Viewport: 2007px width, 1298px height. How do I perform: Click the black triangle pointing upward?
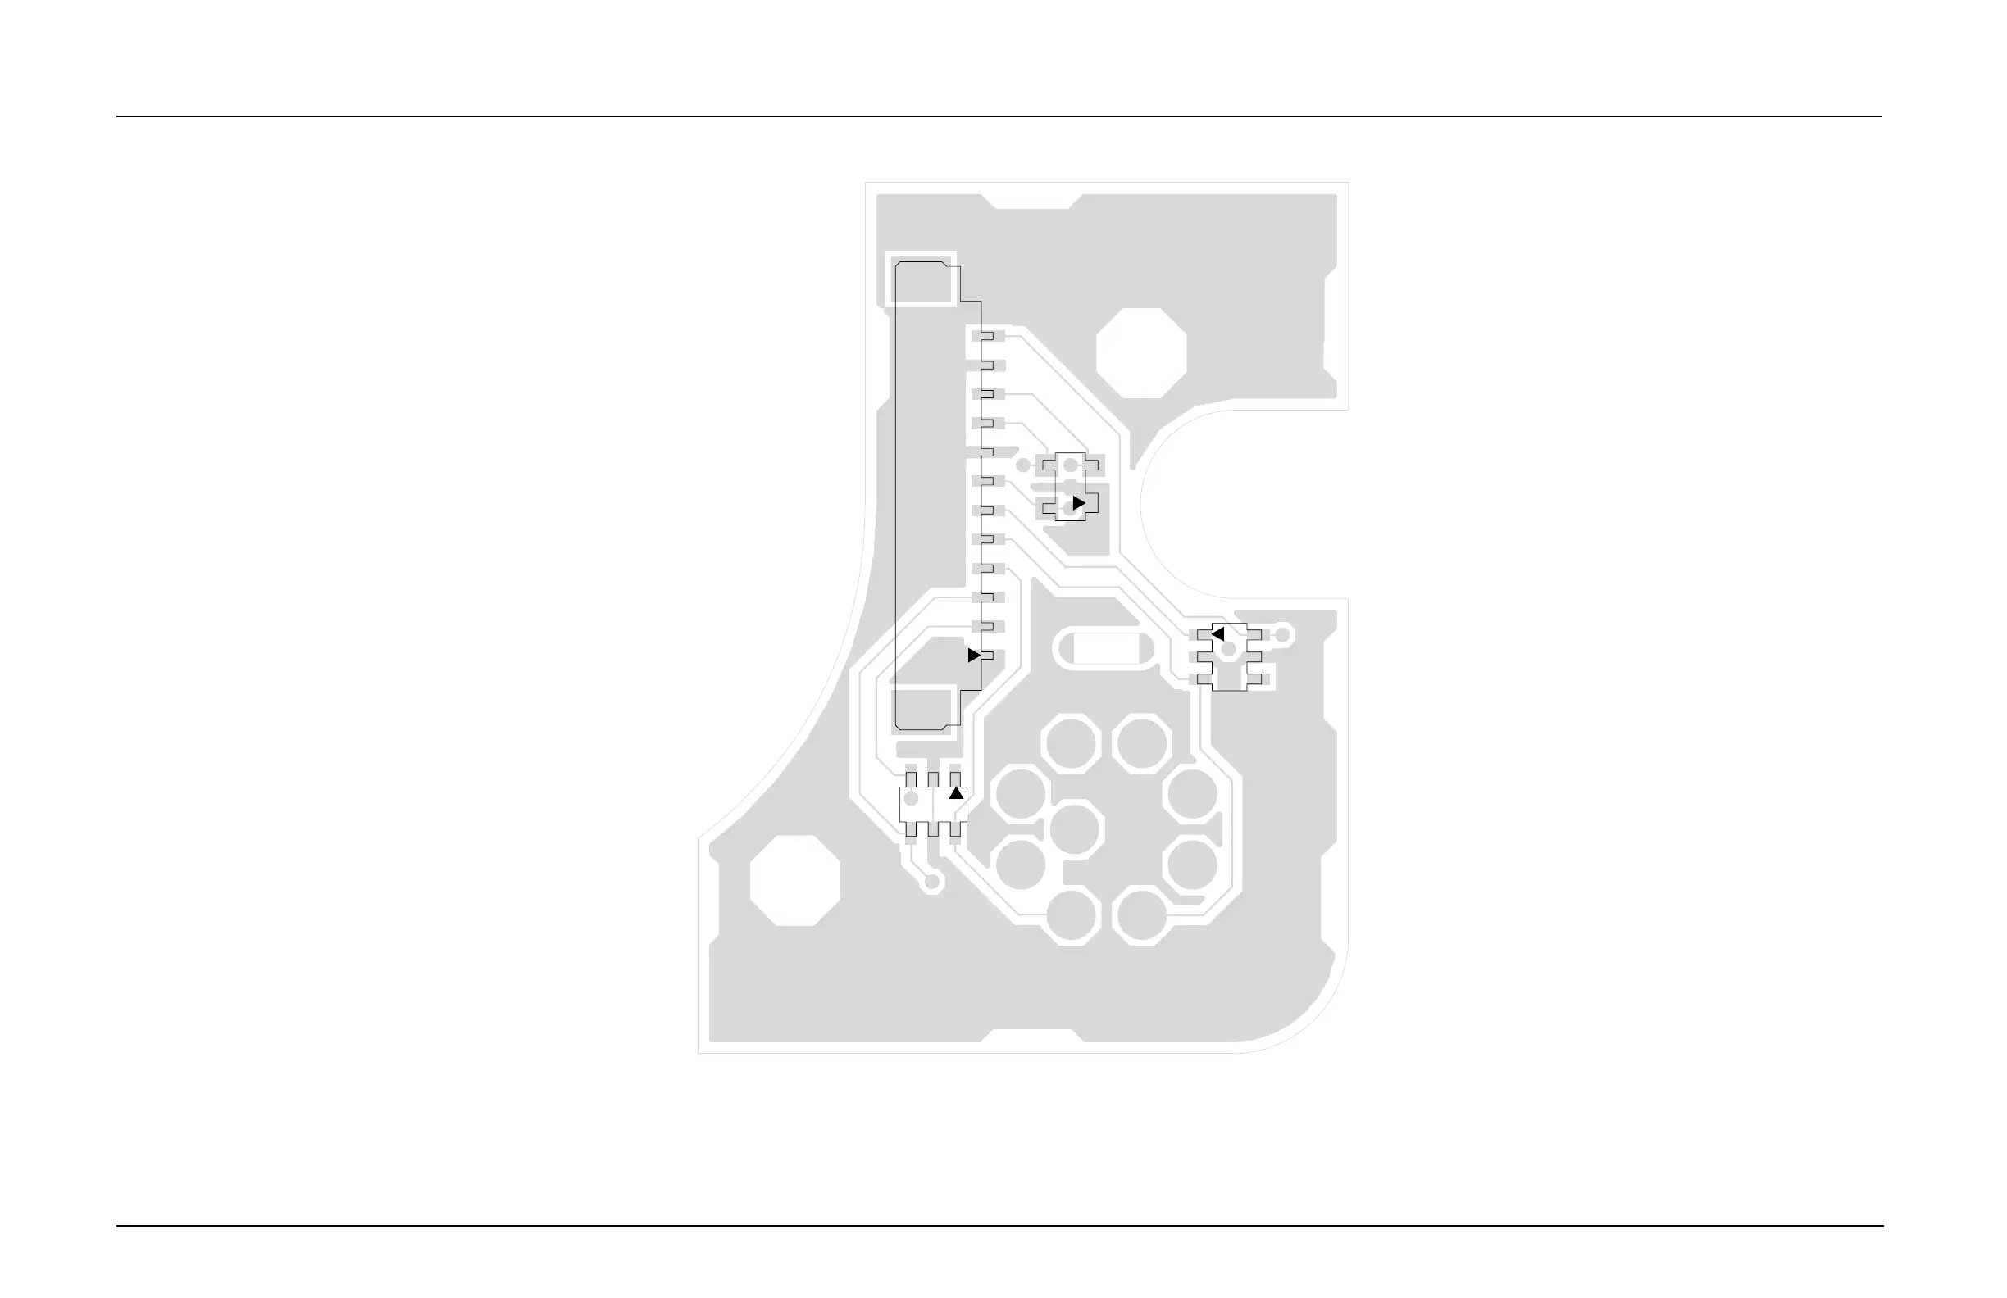pos(955,793)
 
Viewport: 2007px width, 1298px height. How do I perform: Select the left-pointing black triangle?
pos(1217,633)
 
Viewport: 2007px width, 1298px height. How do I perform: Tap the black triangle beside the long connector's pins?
pos(974,655)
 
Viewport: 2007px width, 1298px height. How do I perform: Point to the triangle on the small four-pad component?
pos(1079,503)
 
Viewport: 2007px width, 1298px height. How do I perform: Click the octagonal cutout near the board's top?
pos(1141,353)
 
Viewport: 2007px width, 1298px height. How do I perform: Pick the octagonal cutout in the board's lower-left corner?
pos(795,881)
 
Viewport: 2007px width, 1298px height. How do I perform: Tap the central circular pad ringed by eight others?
pos(1075,829)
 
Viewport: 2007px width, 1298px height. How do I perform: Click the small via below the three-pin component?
pos(932,883)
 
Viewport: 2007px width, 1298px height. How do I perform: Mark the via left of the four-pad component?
pos(1023,465)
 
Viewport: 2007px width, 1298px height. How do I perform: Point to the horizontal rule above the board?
pos(999,116)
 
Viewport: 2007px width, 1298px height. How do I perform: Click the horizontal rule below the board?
pos(999,1226)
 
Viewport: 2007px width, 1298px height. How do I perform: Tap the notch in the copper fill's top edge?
pos(1032,202)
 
